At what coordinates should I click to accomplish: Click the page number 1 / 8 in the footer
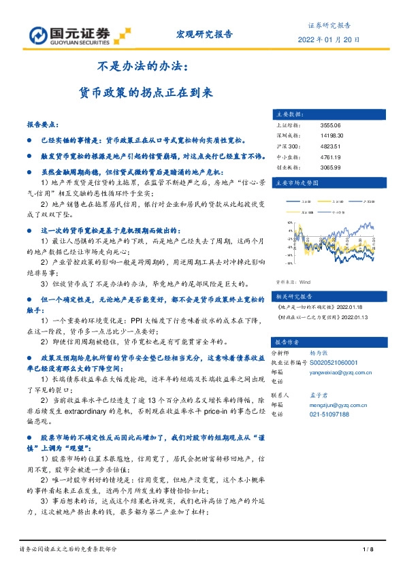(368, 549)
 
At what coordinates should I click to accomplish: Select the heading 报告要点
(42, 126)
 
